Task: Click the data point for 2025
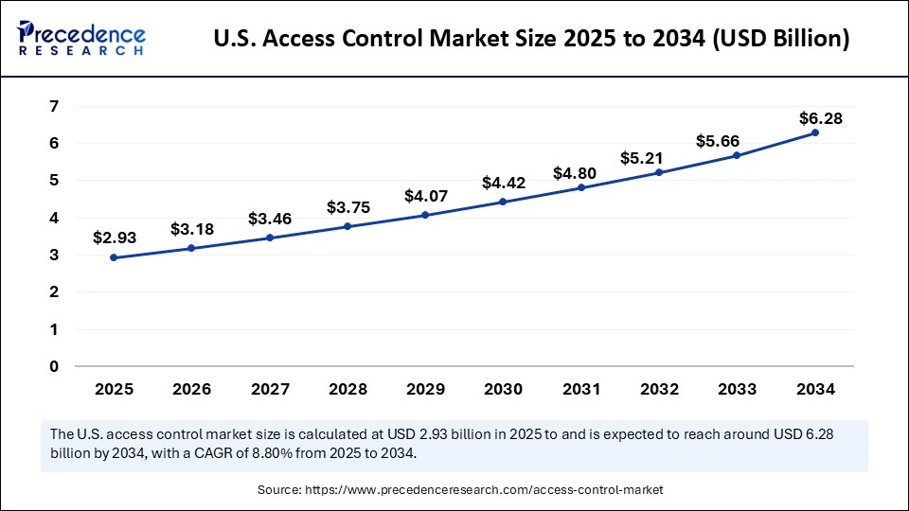pos(114,257)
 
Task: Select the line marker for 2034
pos(815,132)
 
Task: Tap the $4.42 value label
pos(503,183)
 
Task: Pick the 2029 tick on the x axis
pos(425,389)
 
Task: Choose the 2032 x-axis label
pos(659,389)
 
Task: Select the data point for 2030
pos(503,202)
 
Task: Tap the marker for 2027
pos(270,238)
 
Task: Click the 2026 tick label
pos(191,389)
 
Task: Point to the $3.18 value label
pos(191,229)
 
